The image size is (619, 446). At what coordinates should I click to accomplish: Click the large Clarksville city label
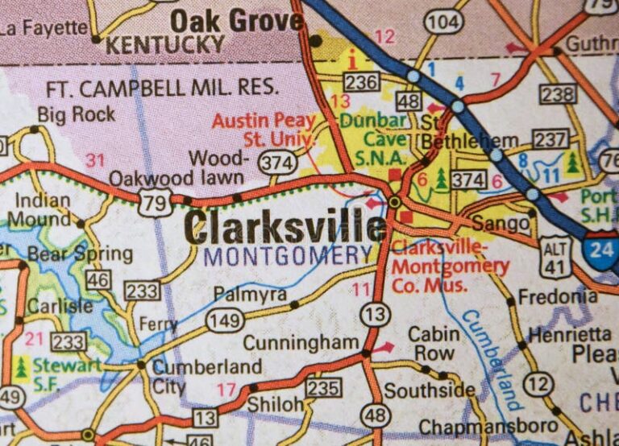pos(285,228)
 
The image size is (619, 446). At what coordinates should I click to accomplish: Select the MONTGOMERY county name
pos(288,257)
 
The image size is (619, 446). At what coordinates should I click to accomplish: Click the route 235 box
pos(322,387)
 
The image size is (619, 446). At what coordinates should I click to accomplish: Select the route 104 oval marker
pos(443,21)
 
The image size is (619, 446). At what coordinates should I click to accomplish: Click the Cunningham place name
pos(301,343)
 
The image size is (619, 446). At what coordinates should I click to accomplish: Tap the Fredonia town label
pos(557,296)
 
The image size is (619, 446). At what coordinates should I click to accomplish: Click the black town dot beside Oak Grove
pos(316,39)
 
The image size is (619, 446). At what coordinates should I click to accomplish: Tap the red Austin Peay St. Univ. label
pos(264,129)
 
